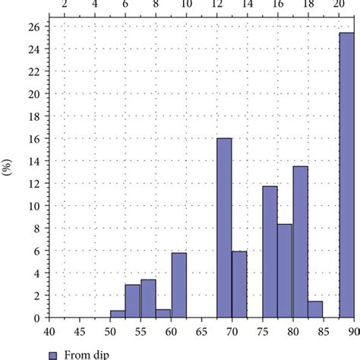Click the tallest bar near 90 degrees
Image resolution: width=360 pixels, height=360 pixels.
(x=346, y=175)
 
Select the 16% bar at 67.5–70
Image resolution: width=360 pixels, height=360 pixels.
(x=224, y=228)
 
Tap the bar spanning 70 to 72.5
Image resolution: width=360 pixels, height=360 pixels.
(x=239, y=285)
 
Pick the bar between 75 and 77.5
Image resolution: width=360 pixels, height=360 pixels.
(x=270, y=252)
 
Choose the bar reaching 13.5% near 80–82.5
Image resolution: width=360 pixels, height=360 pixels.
(x=300, y=242)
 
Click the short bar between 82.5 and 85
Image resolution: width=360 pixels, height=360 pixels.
(x=315, y=310)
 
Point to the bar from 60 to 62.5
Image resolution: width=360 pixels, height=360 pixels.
(x=178, y=285)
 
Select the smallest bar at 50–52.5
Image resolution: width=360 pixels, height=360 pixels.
(x=118, y=314)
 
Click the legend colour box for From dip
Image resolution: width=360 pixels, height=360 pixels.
(x=53, y=354)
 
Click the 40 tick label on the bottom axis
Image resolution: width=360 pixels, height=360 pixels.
(x=49, y=330)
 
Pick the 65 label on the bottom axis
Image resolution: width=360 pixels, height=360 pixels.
(x=201, y=330)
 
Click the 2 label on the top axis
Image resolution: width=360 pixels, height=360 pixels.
(x=65, y=6)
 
